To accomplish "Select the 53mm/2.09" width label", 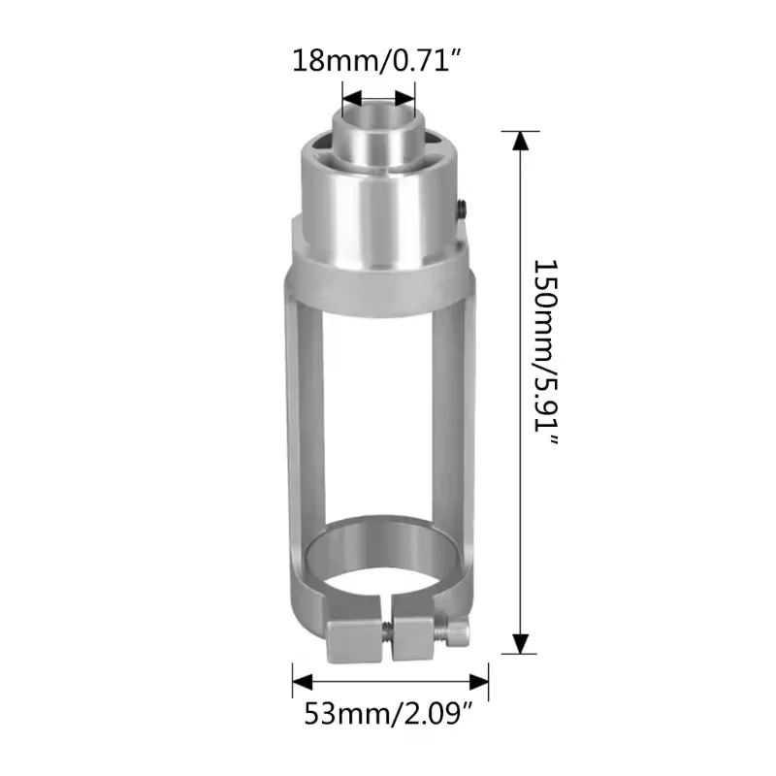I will [388, 715].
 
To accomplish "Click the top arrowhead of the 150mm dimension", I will [521, 141].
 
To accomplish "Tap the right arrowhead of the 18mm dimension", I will [405, 99].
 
